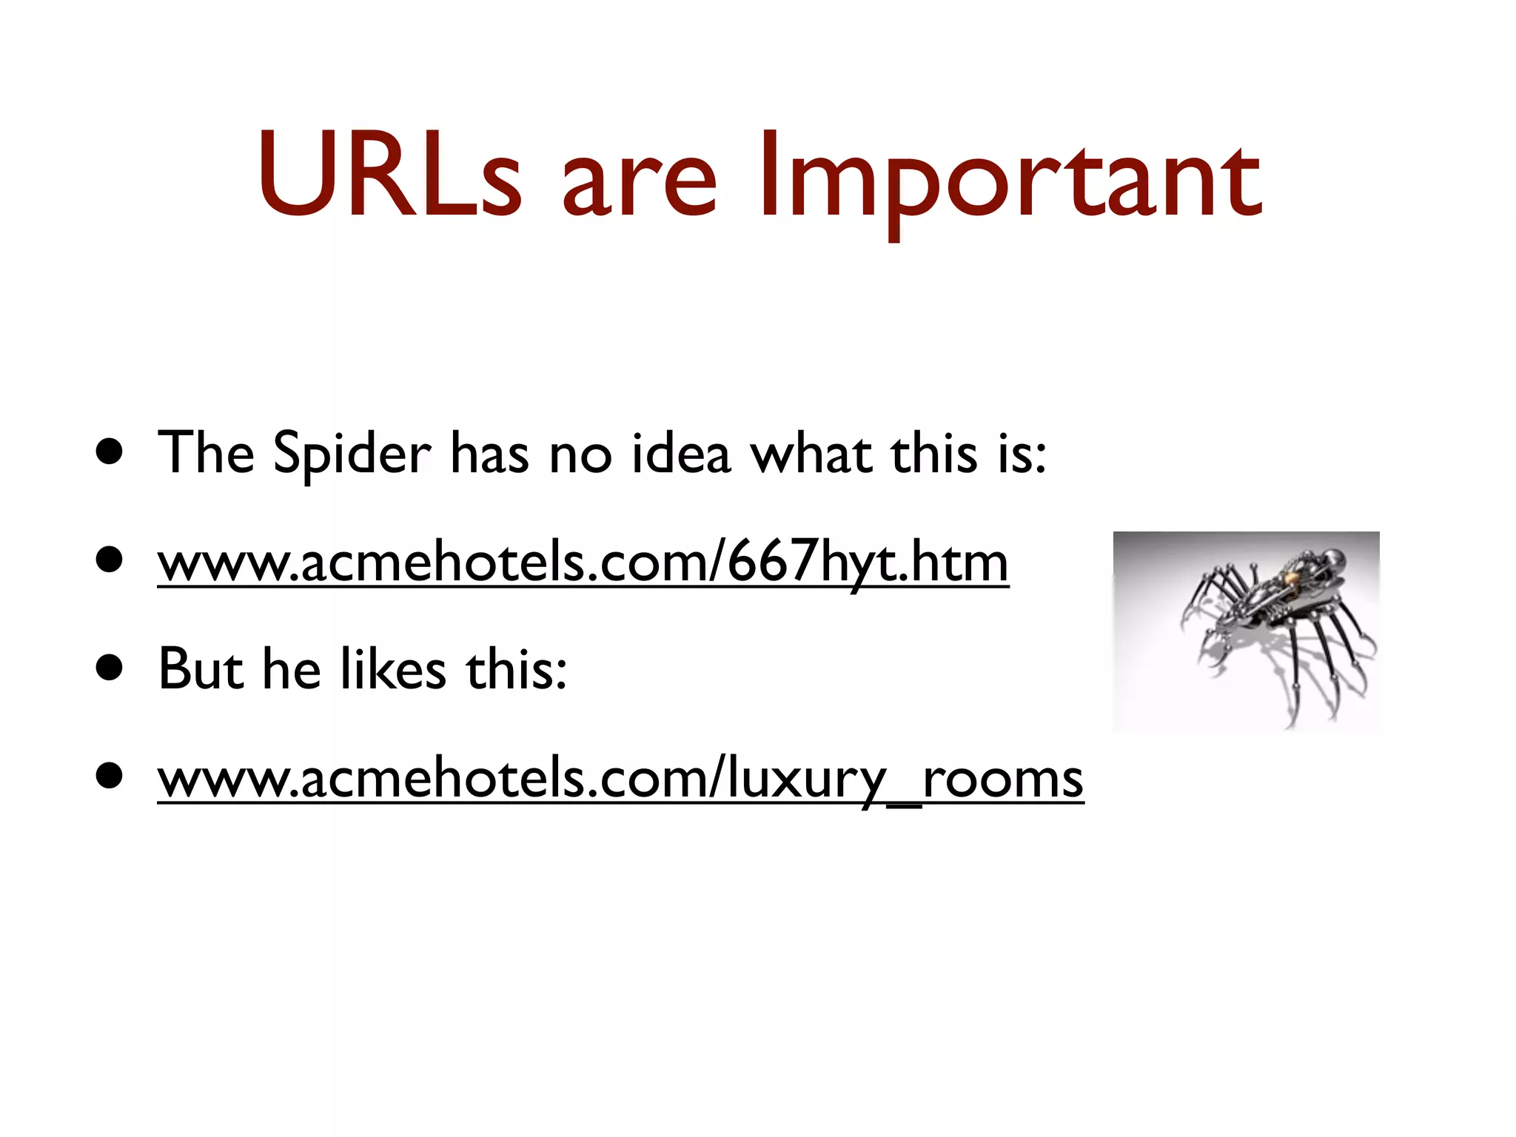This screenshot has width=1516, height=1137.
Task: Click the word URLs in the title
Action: pos(389,176)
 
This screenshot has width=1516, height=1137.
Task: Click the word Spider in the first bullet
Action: pos(352,453)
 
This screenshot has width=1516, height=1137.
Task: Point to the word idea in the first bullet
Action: pos(681,453)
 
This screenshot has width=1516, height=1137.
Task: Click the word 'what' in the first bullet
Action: pos(811,453)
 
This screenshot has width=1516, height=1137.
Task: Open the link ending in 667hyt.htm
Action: pos(583,563)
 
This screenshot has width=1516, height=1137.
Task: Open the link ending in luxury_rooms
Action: pos(620,779)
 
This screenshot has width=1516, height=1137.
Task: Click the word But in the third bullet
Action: pos(201,669)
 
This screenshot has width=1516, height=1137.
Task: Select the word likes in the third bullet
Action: pos(393,669)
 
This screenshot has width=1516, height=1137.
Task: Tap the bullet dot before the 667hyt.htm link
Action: pos(110,560)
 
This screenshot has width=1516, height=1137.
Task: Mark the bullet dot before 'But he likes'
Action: pos(110,669)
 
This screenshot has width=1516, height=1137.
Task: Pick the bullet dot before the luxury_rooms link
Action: pos(110,777)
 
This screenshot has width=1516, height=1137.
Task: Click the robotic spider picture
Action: pos(1246,631)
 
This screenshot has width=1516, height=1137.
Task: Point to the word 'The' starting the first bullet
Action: pos(206,453)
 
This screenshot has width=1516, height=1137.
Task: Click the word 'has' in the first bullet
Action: pos(489,453)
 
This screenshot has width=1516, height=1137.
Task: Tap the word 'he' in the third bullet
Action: pos(292,669)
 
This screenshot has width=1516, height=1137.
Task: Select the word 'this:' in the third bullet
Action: pos(516,669)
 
